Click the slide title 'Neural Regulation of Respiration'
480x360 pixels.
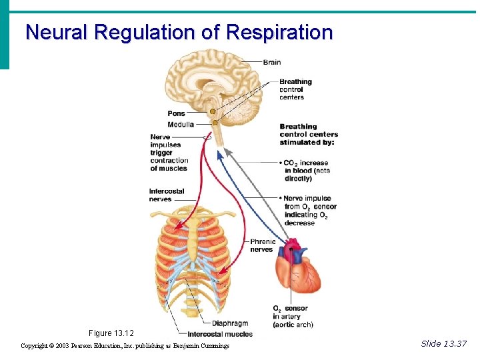pos(179,32)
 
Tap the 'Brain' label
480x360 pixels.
pos(272,62)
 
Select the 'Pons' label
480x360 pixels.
pos(176,113)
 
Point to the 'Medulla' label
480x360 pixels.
pos(181,124)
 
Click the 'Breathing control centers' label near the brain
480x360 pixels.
pos(295,89)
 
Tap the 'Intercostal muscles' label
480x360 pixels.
pos(220,334)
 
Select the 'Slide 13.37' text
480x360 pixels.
pos(444,343)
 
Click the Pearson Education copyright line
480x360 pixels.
pos(125,346)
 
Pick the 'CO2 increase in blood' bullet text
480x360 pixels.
pos(306,171)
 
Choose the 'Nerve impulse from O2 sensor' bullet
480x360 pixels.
pos(309,211)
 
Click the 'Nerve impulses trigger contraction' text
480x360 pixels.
pos(169,153)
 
